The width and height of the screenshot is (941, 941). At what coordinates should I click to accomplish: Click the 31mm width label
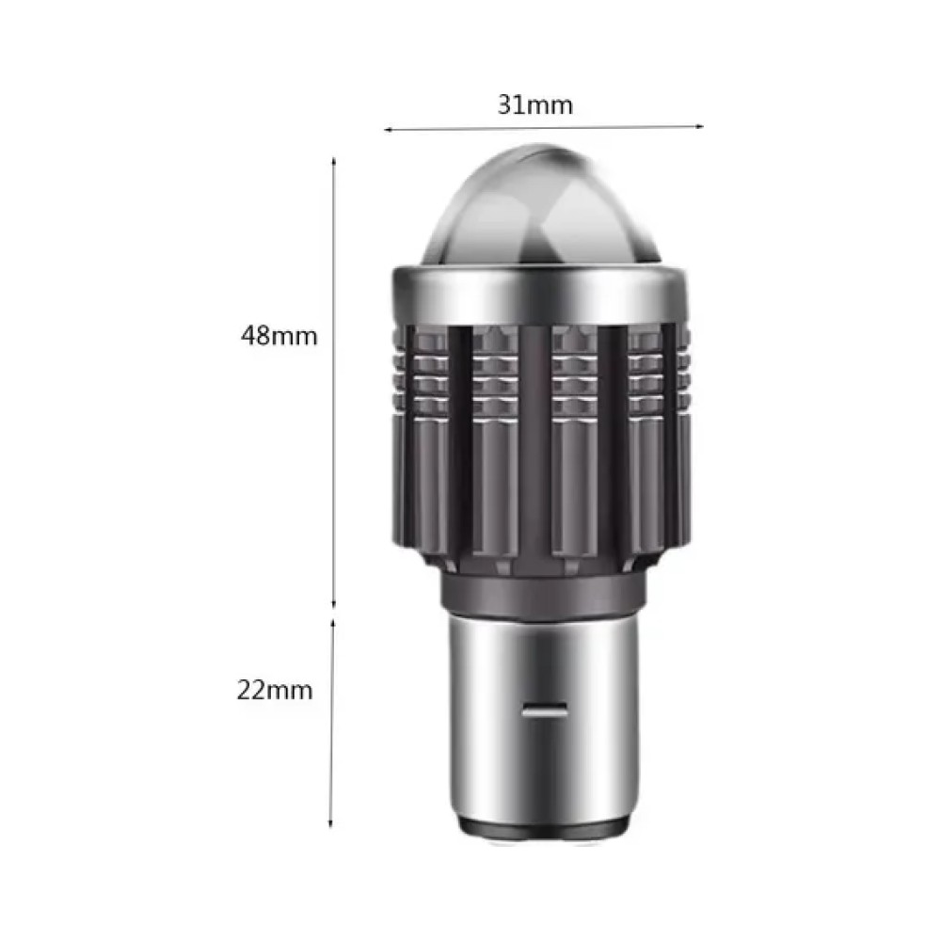[534, 105]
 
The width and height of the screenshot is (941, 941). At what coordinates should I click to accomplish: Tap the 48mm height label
[279, 336]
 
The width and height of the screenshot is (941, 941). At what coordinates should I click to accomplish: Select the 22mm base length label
[275, 690]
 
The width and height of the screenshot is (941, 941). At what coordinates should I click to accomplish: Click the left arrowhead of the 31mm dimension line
[389, 130]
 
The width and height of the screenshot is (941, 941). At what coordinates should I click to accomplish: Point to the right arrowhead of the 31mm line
[699, 126]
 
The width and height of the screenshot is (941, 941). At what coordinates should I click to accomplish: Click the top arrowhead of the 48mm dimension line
[334, 162]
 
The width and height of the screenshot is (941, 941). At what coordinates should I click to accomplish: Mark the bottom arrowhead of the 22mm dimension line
[330, 823]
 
